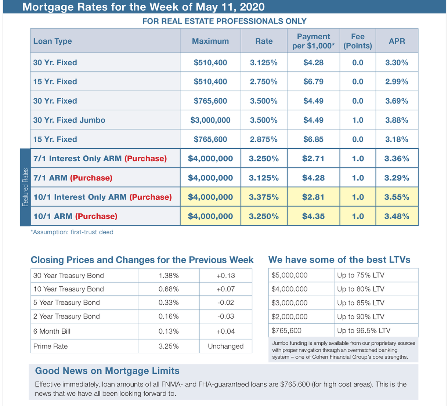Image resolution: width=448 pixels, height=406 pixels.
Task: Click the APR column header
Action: [397, 41]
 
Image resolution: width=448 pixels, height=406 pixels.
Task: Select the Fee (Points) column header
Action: [358, 41]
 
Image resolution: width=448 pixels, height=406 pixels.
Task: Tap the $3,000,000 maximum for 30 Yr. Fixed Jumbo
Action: [210, 120]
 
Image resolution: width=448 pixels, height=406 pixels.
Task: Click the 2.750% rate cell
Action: [264, 81]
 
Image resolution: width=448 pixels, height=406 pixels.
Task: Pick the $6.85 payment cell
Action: [313, 139]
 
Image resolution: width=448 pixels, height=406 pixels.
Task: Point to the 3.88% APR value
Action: [397, 120]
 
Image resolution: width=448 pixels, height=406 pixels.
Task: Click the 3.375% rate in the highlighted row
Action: [264, 197]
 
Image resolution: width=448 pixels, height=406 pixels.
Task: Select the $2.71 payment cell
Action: [313, 159]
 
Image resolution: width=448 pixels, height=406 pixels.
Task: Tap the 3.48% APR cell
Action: [397, 216]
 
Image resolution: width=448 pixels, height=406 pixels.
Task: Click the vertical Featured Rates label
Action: [25, 187]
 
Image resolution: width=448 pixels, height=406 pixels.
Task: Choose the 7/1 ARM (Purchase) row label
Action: [73, 178]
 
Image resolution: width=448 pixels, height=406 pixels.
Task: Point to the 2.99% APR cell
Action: [397, 81]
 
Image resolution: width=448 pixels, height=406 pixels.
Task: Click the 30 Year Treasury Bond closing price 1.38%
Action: [169, 275]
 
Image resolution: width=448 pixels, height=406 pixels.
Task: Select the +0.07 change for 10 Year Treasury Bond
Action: [225, 289]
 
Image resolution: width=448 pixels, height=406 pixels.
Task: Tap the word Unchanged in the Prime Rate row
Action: [225, 346]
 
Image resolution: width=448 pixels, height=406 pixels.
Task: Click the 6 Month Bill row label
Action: [52, 331]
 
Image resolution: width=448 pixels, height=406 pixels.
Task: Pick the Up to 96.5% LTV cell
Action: [364, 330]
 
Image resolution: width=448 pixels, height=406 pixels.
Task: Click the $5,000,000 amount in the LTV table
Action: [289, 275]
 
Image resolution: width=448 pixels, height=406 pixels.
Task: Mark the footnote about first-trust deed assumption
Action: [72, 232]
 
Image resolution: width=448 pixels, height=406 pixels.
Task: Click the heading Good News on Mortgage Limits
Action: [107, 371]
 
